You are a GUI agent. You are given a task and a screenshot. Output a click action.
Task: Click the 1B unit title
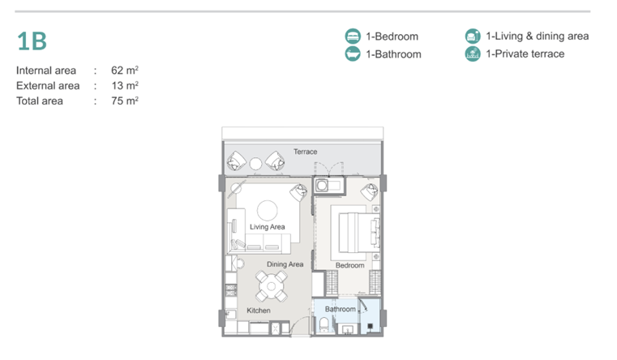(32, 41)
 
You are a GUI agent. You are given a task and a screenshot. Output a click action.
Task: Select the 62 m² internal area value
(125, 70)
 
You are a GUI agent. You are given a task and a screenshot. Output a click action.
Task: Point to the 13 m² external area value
(125, 85)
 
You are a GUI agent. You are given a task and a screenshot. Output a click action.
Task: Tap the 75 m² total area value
(125, 101)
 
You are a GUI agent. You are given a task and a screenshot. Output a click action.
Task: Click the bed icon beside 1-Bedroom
(353, 36)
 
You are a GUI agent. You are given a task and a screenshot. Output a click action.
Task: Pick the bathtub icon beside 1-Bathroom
(353, 54)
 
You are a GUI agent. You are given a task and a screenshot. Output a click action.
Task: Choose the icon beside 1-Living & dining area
(473, 36)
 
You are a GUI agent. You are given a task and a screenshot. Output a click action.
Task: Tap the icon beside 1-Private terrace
(473, 54)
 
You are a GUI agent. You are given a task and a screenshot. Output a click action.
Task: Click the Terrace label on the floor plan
(306, 152)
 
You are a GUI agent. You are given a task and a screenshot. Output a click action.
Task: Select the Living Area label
(268, 227)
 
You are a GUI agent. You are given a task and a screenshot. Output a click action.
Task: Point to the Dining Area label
(285, 264)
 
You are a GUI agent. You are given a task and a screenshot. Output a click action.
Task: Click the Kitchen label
(259, 311)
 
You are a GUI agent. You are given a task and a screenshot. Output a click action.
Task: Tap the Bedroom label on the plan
(349, 266)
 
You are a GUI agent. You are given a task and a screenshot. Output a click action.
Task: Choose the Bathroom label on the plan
(341, 309)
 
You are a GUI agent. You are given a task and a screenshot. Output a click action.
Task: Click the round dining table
(271, 286)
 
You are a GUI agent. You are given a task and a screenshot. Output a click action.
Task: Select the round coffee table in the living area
(268, 211)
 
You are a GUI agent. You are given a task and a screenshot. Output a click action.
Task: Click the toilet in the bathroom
(323, 325)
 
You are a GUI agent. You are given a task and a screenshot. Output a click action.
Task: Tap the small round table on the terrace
(255, 164)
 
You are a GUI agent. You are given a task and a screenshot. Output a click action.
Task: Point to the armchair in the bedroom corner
(370, 192)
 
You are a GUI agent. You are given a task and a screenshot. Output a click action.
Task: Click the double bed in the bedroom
(355, 232)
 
